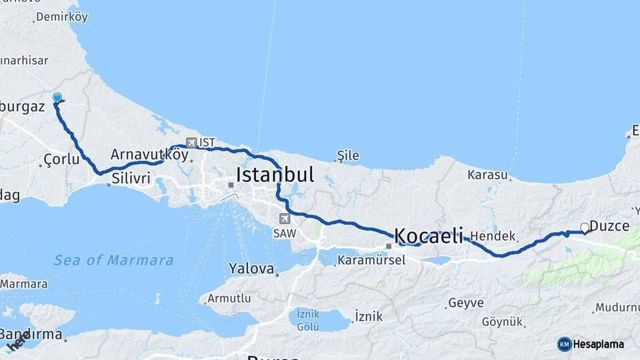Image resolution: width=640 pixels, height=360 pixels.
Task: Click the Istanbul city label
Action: point(275,175)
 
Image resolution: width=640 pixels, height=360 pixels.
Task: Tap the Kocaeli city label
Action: point(428,235)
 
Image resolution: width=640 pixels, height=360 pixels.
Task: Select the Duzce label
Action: point(609,226)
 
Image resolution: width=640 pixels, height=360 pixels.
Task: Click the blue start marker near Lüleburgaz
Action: point(57,99)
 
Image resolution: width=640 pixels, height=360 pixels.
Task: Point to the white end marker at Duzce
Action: point(585,228)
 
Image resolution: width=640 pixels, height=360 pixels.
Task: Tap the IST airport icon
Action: point(192,143)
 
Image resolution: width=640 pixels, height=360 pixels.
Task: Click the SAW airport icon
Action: point(285,219)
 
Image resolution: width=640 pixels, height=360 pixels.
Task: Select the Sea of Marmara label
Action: point(113,260)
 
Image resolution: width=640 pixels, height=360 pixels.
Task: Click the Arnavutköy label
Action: point(140,154)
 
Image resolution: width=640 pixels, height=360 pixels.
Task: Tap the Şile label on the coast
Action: point(348,156)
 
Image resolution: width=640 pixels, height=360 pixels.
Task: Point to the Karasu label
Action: point(487,175)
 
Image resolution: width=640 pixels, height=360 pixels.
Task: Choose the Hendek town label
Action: point(493,236)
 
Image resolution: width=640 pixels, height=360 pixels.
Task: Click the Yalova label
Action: point(251,269)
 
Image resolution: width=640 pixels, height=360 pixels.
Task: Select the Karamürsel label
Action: point(371,260)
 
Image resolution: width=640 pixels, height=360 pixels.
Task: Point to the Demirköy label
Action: point(62,17)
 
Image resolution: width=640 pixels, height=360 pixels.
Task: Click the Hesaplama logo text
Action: point(598,345)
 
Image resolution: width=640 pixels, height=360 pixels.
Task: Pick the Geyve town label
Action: point(466,303)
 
